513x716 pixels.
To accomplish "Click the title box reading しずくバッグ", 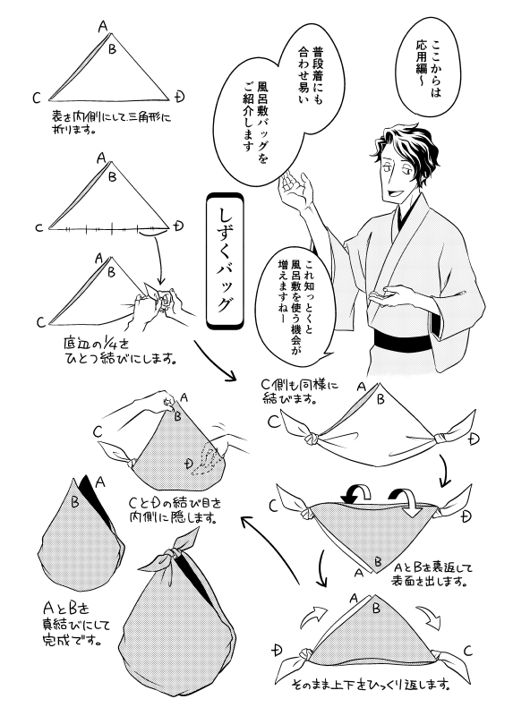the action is (225, 260).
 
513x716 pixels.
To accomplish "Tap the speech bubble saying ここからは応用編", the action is (427, 64).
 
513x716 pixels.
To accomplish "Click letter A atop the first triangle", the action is (103, 27).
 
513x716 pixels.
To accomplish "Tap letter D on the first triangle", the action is (180, 96).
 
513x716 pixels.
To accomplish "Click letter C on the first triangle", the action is (37, 98).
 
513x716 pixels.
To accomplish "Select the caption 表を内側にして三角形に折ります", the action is (111, 123).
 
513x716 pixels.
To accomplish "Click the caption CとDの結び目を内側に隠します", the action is (175, 510).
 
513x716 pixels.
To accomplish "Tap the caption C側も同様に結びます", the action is (300, 392).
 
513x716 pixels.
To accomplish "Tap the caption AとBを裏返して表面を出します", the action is (432, 575).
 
